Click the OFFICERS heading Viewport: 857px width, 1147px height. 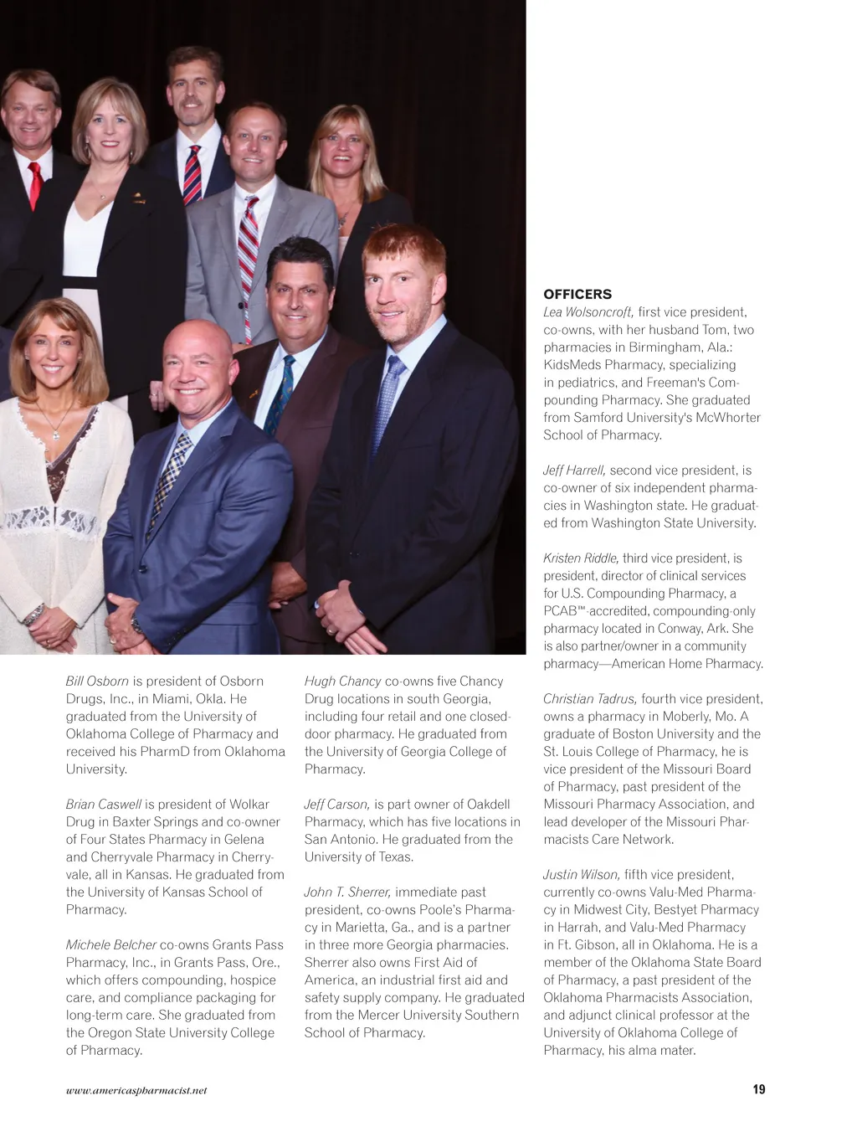click(577, 294)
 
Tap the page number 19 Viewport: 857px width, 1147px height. click(758, 1089)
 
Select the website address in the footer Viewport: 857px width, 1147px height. click(136, 1090)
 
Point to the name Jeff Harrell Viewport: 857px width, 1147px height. click(574, 471)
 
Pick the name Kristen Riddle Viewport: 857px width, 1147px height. click(581, 558)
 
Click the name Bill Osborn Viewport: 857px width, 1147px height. click(97, 682)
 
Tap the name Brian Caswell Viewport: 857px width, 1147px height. click(104, 805)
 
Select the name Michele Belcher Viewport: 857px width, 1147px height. click(111, 945)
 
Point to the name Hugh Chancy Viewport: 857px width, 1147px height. click(342, 682)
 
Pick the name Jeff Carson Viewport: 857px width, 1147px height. click(336, 805)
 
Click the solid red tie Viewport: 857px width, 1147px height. click(35, 185)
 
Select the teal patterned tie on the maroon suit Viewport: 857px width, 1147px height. click(280, 393)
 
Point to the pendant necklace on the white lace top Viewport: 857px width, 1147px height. click(55, 433)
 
